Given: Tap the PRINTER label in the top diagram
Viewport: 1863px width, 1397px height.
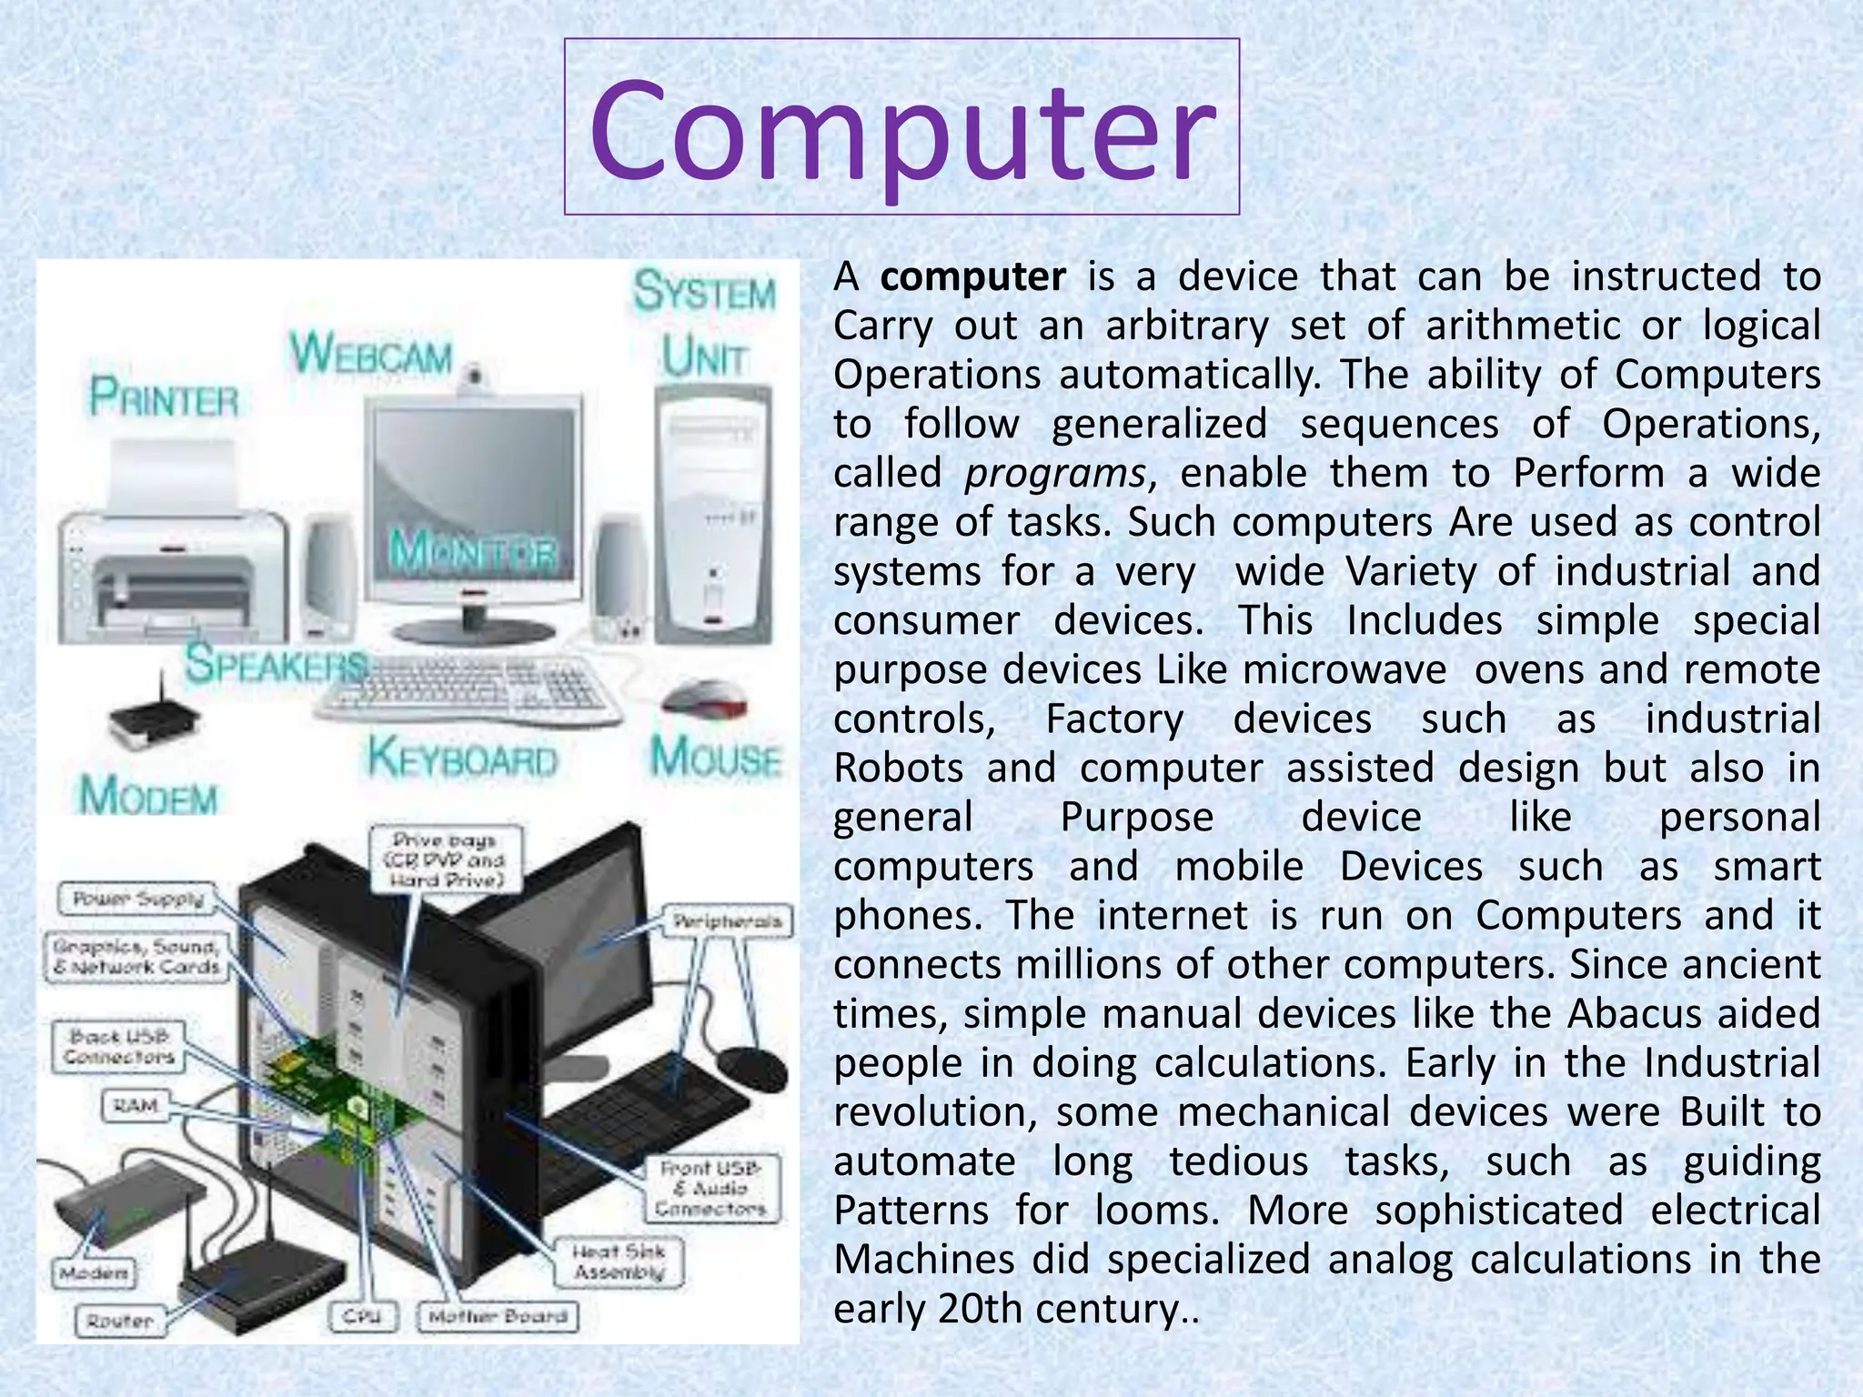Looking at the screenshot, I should click(x=164, y=398).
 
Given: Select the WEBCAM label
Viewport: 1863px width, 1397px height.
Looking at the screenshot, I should click(x=370, y=354).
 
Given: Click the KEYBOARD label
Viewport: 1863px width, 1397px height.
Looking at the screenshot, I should click(x=462, y=759).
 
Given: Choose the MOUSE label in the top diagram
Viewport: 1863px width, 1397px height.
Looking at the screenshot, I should click(x=716, y=757).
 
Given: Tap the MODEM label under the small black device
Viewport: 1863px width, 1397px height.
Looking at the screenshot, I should click(x=148, y=797).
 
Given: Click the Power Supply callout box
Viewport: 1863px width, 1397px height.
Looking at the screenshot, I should click(x=139, y=900).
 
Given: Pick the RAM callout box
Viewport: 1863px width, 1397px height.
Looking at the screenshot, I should click(x=136, y=1106).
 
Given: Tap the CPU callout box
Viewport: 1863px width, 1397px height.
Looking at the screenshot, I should click(x=362, y=1316).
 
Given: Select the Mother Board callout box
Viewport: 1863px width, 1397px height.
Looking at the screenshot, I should click(x=498, y=1316).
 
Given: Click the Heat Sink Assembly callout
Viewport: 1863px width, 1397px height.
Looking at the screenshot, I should click(x=619, y=1262).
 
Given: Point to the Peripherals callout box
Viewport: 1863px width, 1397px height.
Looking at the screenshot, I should click(x=727, y=921).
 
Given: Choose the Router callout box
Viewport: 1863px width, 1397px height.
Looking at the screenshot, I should click(x=119, y=1321).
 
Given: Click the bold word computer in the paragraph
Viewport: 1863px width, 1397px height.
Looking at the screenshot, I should click(x=972, y=276).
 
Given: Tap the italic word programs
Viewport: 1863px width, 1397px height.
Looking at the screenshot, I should click(x=1054, y=473).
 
